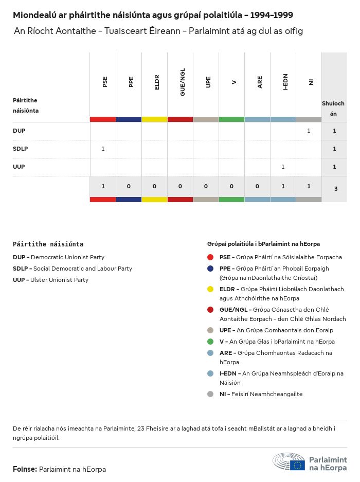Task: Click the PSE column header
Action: [x=105, y=82]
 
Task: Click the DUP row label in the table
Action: [x=19, y=131]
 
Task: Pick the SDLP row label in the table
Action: [x=20, y=149]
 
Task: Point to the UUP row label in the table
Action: [x=19, y=167]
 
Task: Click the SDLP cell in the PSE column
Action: [x=103, y=149]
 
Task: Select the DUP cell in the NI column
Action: [x=309, y=131]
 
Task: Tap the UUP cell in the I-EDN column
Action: [x=283, y=167]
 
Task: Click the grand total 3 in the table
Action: [x=335, y=189]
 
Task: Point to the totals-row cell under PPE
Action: [x=129, y=186]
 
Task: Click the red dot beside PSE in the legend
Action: [x=210, y=257]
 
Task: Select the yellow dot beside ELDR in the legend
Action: [x=210, y=289]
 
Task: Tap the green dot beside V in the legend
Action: [x=210, y=342]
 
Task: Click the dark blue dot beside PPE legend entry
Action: [x=210, y=269]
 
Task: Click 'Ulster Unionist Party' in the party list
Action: [x=59, y=280]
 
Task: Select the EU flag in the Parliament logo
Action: [x=297, y=465]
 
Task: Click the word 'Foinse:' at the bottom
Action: [x=25, y=469]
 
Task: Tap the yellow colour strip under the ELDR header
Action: [x=154, y=119]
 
